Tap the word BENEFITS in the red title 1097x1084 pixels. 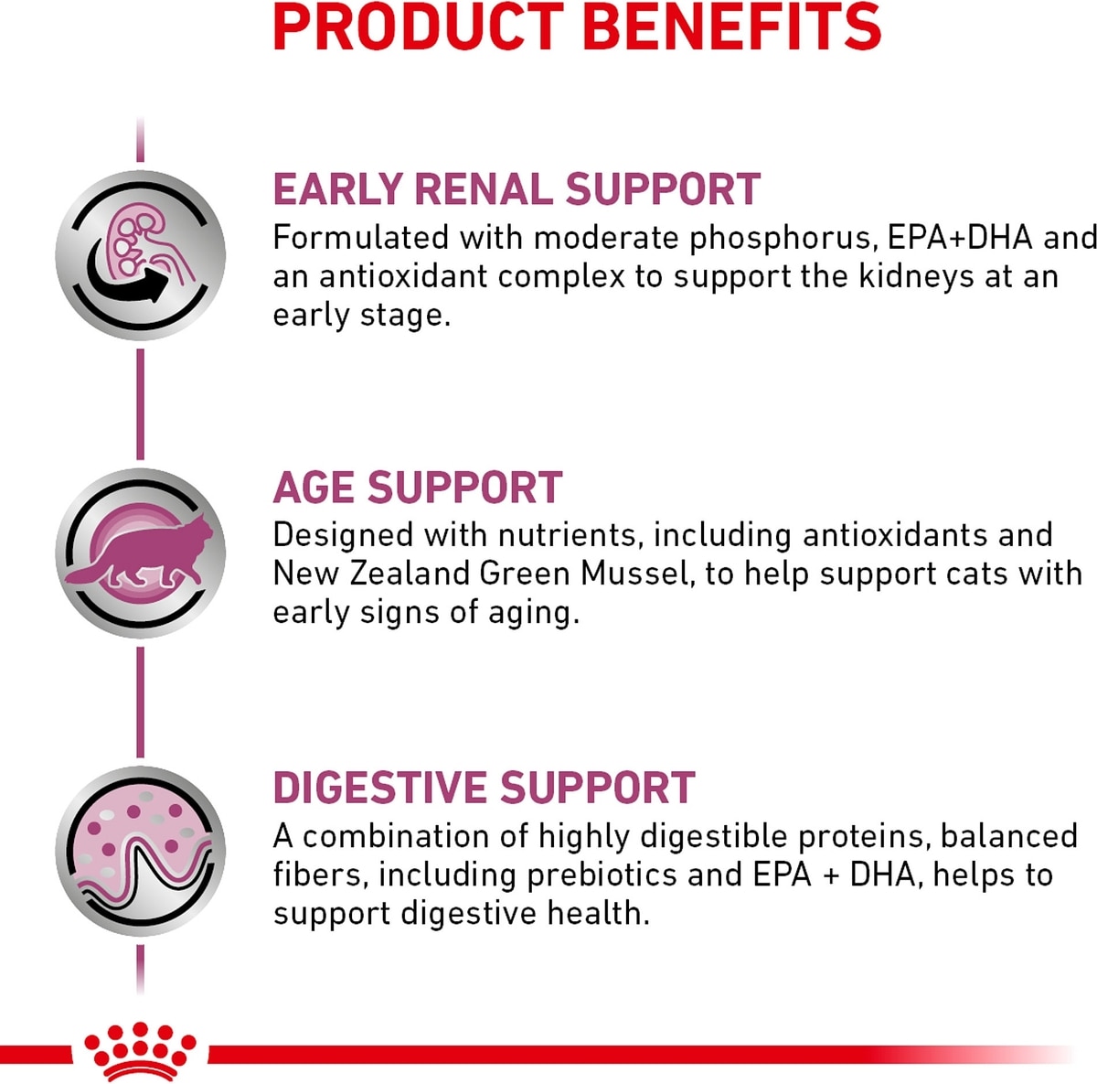[x=731, y=27]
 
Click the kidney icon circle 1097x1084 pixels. [x=141, y=254]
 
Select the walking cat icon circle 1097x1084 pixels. [x=141, y=553]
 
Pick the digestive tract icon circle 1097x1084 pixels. [x=141, y=851]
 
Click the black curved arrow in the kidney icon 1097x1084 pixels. [x=125, y=279]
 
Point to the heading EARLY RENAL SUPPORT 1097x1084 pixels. [x=517, y=188]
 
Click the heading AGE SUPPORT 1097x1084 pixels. [x=418, y=488]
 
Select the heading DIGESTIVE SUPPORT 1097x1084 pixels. [x=484, y=787]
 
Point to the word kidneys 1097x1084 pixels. [x=906, y=278]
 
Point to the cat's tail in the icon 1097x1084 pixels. [x=85, y=574]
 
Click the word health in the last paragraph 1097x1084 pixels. [x=598, y=914]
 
